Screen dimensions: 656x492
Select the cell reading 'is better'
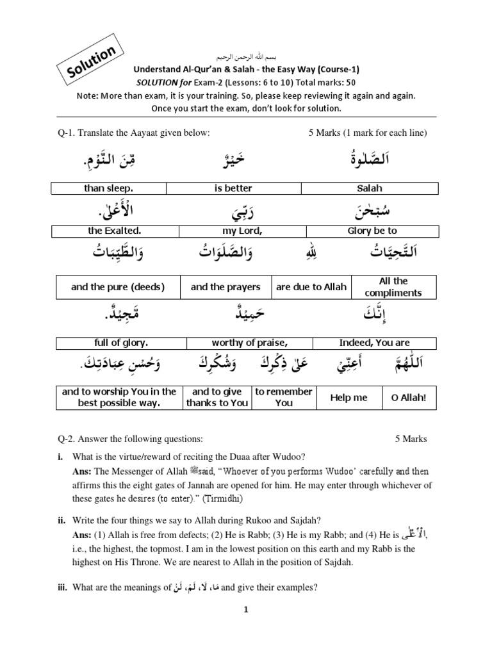233,188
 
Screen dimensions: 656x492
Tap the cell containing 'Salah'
369,188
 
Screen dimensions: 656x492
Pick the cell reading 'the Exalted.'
112,231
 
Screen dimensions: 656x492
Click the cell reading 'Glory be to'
372,231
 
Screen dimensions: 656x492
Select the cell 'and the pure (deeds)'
118,287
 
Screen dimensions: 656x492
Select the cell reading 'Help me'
348,398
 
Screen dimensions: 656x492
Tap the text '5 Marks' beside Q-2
411,439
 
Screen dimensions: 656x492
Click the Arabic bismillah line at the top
245,57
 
